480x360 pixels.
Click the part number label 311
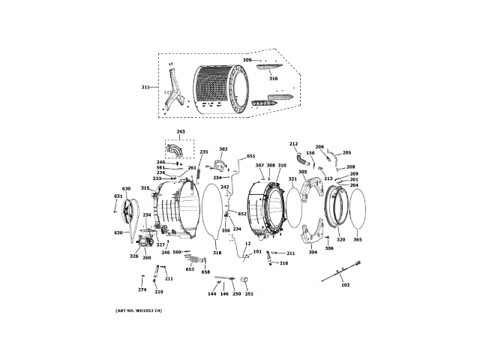(145, 87)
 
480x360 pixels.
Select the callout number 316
(273, 78)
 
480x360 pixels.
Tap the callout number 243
(180, 131)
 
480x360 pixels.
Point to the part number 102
(346, 284)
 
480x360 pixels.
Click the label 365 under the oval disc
(357, 240)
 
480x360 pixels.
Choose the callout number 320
(340, 240)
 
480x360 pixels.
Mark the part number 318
(217, 253)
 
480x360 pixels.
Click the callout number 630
(126, 189)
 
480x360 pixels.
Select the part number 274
(142, 290)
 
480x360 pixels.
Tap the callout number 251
(249, 293)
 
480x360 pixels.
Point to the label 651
(250, 156)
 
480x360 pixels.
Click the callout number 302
(223, 149)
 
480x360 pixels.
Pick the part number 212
(293, 143)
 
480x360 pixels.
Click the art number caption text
(139, 310)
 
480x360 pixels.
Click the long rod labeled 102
(342, 271)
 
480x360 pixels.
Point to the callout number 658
(205, 271)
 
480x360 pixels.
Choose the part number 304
(313, 252)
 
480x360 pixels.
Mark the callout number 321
(292, 178)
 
